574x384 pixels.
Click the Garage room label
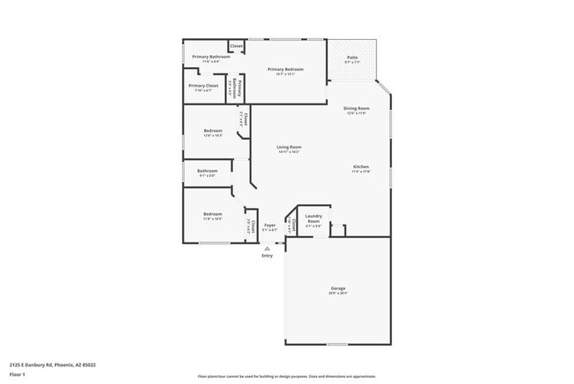point(337,288)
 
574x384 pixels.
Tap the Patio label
point(351,58)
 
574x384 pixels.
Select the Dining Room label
point(356,108)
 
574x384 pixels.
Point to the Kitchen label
point(360,166)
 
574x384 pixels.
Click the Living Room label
point(289,147)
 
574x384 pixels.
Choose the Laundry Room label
point(313,217)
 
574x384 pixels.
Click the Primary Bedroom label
point(286,69)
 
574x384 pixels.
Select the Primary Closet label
point(203,86)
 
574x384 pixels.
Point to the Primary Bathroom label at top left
point(211,57)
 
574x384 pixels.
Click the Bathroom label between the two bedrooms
point(208,170)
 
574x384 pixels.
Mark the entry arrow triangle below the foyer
point(268,249)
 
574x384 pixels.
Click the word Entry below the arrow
point(268,256)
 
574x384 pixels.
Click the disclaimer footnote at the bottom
point(287,376)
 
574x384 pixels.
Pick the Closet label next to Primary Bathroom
point(237,45)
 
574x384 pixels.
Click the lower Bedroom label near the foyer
point(213,214)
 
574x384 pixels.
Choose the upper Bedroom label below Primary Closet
point(213,131)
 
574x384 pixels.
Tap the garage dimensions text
point(337,294)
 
